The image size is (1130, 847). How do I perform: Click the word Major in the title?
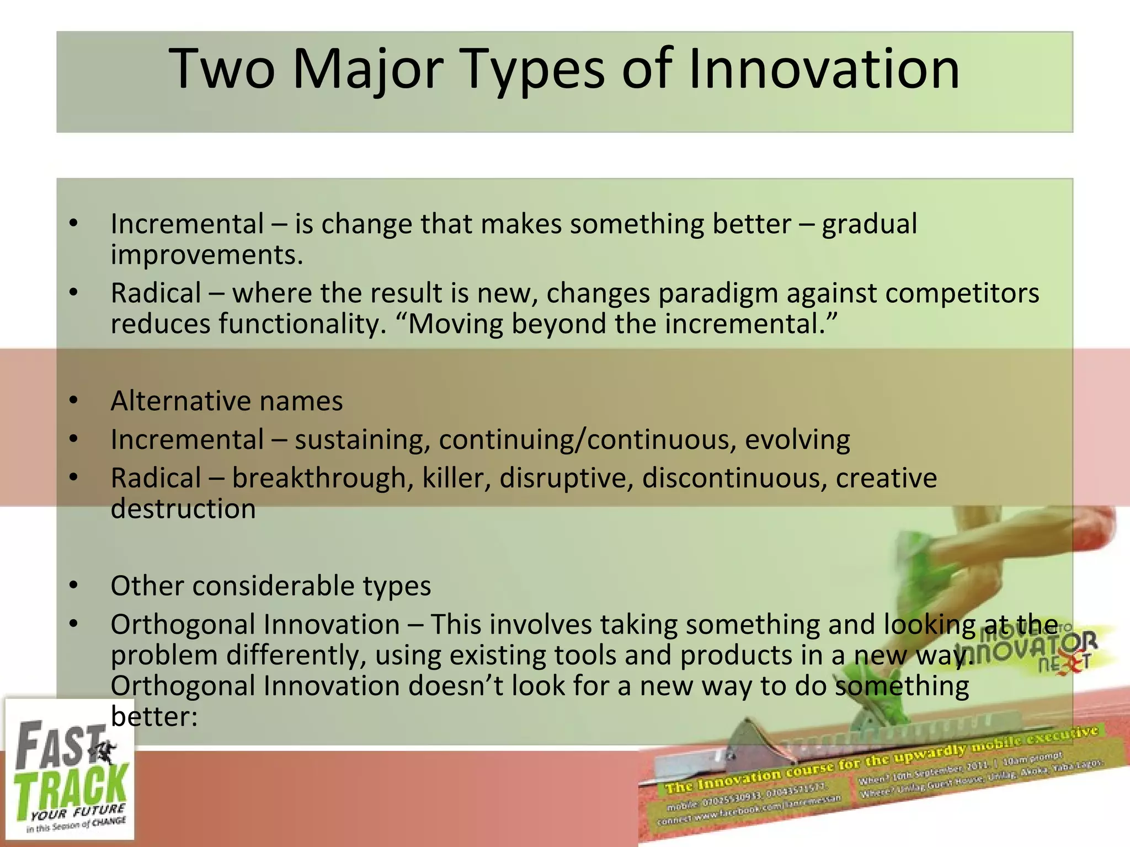(x=367, y=69)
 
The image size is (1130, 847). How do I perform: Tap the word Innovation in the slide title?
(x=824, y=69)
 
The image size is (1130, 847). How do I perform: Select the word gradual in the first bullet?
(x=869, y=224)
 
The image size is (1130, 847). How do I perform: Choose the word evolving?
(x=797, y=440)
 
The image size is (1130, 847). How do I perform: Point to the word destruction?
(x=183, y=508)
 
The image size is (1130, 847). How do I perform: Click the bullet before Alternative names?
(x=74, y=401)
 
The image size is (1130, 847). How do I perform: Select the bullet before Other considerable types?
(x=74, y=586)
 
